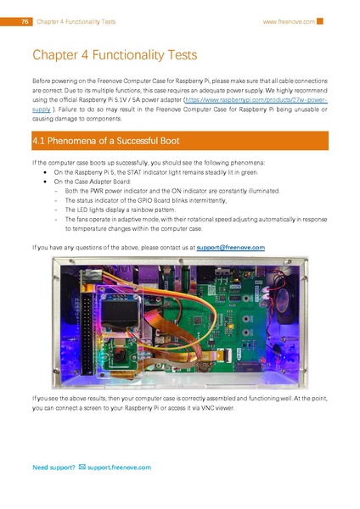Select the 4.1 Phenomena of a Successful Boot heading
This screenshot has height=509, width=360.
(104, 140)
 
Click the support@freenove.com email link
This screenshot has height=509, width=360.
(220, 247)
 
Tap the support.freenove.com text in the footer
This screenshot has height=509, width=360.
(119, 467)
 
